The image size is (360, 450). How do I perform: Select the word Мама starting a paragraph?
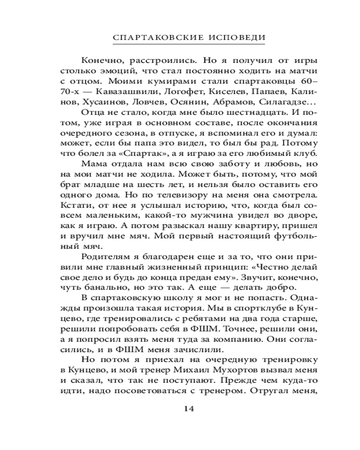[92, 165]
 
